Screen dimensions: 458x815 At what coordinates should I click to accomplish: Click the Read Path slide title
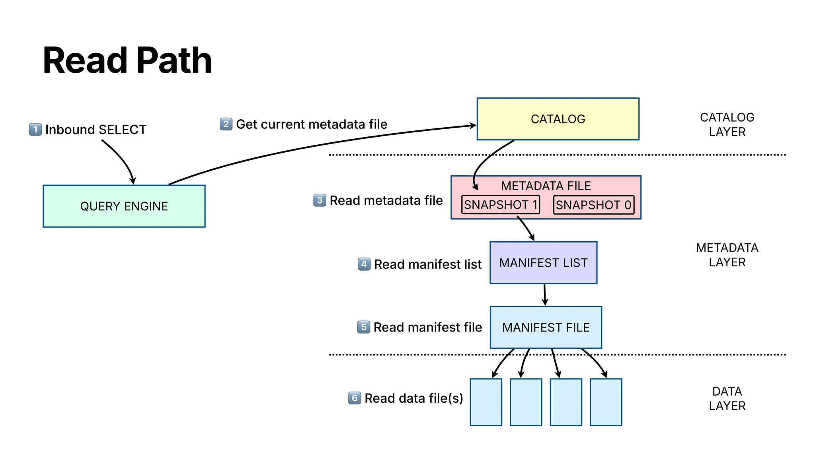pos(127,60)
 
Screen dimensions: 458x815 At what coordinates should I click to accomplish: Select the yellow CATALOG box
pos(558,119)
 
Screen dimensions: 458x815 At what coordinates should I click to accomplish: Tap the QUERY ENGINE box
pos(124,206)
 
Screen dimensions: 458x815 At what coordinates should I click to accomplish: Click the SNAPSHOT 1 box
pos(500,205)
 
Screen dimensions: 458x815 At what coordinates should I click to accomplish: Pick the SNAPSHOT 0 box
pos(593,205)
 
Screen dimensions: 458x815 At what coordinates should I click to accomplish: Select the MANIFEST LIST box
pos(543,263)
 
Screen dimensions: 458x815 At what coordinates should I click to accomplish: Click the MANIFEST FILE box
pos(546,327)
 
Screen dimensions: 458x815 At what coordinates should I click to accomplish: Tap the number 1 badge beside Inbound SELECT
pos(35,129)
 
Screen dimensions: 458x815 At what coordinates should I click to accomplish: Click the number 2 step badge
pos(226,124)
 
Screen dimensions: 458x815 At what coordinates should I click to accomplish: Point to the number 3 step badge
pos(320,200)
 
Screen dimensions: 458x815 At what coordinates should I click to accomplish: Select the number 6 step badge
pos(355,398)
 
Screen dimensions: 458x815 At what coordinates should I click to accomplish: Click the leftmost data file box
pos(486,402)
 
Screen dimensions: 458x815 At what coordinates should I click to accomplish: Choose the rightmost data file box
pos(606,402)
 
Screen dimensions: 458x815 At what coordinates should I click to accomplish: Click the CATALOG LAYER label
pos(727,124)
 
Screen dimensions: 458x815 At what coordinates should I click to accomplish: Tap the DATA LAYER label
pos(727,398)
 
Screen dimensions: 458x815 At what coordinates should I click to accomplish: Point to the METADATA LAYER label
pos(727,255)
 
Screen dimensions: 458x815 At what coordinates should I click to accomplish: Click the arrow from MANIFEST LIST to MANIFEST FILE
pos(544,295)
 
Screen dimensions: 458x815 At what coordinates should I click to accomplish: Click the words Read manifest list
pos(427,264)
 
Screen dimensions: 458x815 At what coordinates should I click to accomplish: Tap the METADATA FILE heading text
pos(546,186)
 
